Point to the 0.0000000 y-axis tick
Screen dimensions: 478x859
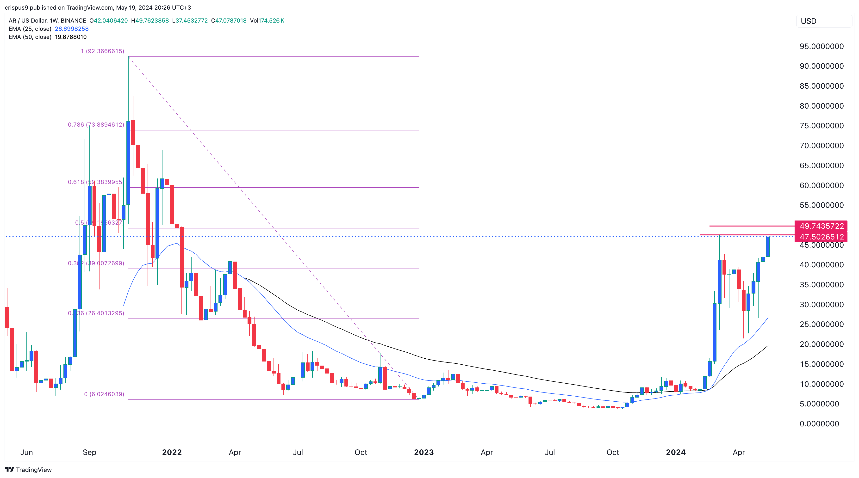pos(819,424)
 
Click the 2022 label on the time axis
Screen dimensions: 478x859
pos(172,452)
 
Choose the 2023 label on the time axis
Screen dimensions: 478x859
pos(423,452)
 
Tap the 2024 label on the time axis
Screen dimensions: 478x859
pos(676,452)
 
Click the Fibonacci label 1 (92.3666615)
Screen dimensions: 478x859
pos(102,51)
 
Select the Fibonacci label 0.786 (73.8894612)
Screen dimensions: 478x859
pos(96,125)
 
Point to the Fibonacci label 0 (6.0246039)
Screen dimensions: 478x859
pos(104,394)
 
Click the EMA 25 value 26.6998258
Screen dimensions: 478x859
pos(72,29)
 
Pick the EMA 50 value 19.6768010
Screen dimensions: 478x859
pos(71,37)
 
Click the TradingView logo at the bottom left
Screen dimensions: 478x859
pos(28,470)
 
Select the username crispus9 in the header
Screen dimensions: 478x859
pos(16,7)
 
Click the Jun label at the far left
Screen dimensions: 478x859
pos(27,452)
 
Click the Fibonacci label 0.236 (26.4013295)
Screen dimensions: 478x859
pos(96,313)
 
